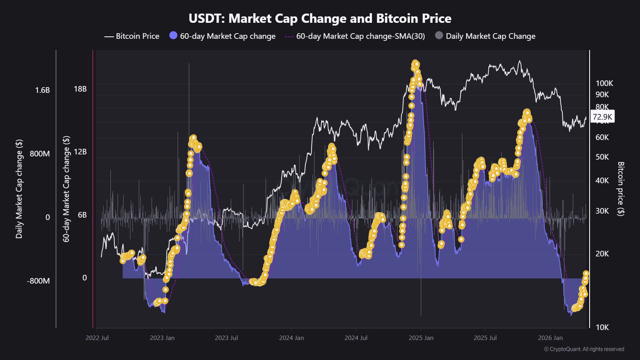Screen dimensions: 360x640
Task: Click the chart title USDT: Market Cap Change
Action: pos(320,18)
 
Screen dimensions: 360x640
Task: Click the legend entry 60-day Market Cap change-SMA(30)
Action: pos(360,36)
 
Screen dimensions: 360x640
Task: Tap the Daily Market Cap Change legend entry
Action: pos(490,36)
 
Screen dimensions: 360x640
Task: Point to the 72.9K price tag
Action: pos(602,117)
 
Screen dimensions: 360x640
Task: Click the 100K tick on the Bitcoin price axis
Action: pos(604,83)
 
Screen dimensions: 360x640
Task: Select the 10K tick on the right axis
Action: pos(602,327)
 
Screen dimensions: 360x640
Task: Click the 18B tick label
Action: pos(80,89)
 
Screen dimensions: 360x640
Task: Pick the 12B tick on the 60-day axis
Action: pos(80,152)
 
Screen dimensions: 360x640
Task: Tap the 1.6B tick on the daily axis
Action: pos(42,90)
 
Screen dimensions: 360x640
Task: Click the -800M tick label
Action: pos(38,281)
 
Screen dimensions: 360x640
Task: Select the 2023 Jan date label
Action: pos(162,338)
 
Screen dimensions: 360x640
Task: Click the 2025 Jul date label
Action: pos(485,338)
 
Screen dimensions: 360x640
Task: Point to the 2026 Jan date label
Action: pos(550,338)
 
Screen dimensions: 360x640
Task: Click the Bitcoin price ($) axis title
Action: pos(620,189)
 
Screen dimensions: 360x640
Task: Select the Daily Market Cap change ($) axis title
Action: pos(19,189)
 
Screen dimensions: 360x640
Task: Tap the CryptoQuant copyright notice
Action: pos(584,349)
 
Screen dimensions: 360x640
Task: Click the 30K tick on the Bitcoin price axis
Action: pos(602,211)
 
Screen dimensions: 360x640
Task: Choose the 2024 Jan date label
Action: pos(291,338)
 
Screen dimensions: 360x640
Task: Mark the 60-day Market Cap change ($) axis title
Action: pos(66,189)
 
